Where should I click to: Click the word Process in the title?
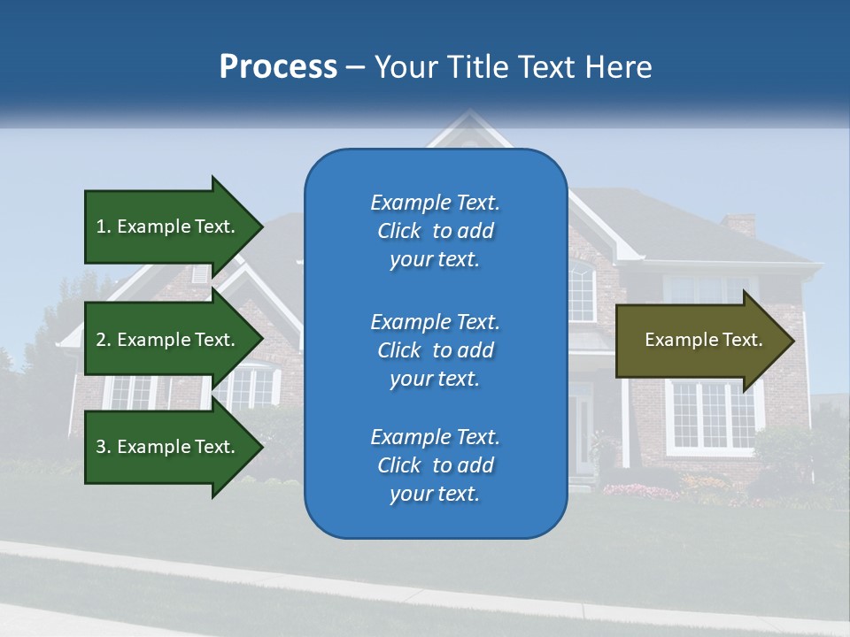pos(278,67)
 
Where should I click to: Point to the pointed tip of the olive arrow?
pos(792,341)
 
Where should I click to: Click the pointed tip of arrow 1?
pos(260,226)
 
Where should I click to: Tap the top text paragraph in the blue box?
pos(435,231)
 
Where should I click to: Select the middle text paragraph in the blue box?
pos(435,350)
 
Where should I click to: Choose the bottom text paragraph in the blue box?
pos(435,465)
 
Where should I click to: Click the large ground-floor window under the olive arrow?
pos(713,417)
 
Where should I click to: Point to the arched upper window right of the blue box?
pos(582,293)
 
